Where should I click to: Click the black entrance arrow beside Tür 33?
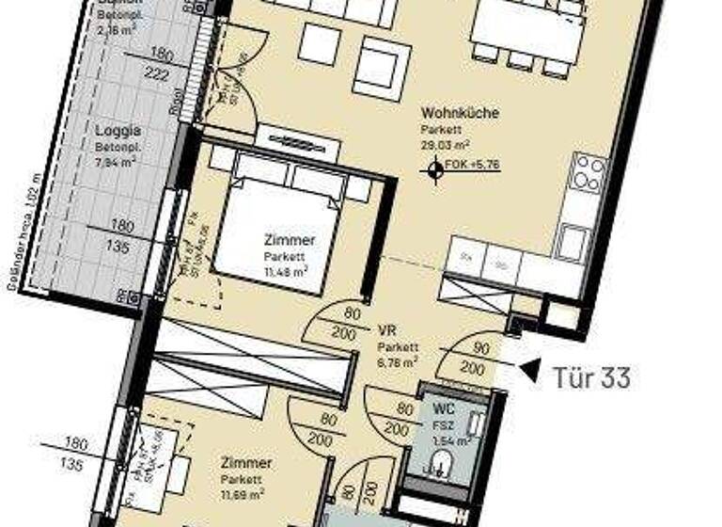pyautogui.click(x=530, y=371)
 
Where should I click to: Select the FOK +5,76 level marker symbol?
pyautogui.click(x=434, y=170)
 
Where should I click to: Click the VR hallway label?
pyautogui.click(x=385, y=331)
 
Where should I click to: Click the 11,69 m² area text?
pyautogui.click(x=243, y=492)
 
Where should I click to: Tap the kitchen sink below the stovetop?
pyautogui.click(x=572, y=239)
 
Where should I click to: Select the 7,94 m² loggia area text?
pyautogui.click(x=116, y=161)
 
